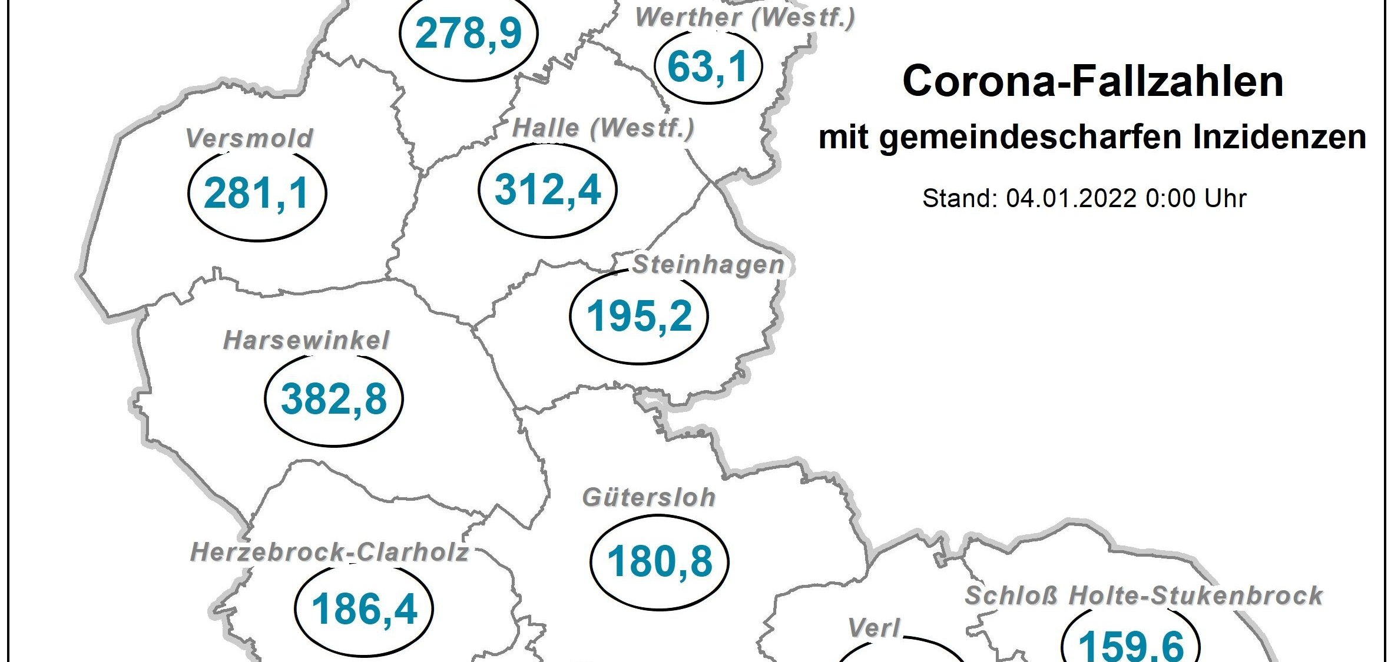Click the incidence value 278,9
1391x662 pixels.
coord(468,34)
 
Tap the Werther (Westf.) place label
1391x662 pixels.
coord(745,18)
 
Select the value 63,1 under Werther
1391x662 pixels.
coord(708,67)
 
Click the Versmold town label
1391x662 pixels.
coord(249,139)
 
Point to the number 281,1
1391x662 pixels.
coord(257,194)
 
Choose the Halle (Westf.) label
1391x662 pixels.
coord(604,128)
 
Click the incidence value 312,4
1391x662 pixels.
coord(548,190)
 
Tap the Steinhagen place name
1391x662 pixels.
coord(708,265)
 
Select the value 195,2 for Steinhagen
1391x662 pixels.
coord(639,316)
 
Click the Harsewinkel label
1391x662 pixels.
coord(306,341)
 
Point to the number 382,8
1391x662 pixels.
coord(334,399)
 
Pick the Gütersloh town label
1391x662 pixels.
coord(649,498)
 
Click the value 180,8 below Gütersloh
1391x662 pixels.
coord(660,561)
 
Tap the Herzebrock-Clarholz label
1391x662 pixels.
coord(330,553)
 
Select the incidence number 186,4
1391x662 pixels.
coord(364,610)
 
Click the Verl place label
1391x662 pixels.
coord(874,628)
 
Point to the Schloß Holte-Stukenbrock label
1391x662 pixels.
coord(1144,596)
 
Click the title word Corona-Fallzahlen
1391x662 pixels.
coord(1092,81)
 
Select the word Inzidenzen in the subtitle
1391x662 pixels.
coord(1279,138)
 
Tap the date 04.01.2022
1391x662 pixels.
coord(1071,199)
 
